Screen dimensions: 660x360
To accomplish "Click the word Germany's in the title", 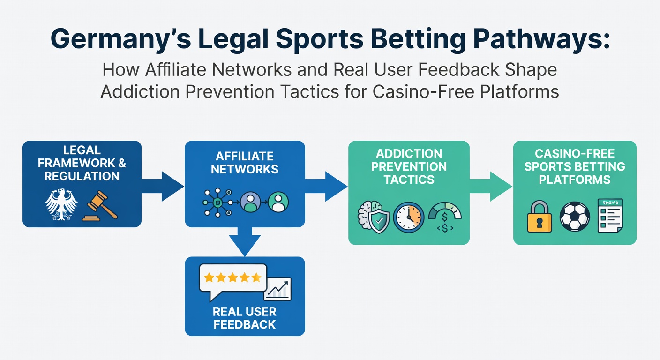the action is coord(121,39).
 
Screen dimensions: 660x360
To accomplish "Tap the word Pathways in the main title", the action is coord(538,39).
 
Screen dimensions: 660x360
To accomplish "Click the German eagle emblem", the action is coord(61,204).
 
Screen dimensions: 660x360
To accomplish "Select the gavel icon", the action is coord(100,206).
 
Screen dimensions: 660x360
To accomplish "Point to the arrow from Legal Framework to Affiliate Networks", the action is coord(163,187).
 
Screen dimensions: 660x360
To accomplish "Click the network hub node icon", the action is coord(218,202).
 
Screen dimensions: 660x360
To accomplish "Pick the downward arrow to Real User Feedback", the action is coord(245,241).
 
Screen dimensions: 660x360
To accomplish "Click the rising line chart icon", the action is coord(277,289).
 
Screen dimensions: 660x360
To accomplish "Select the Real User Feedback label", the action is coord(245,318).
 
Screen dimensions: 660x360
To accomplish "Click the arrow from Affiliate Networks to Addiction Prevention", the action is coord(326,187).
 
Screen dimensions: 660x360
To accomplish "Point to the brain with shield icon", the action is coord(374,217).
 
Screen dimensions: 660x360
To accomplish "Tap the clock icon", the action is coord(409,217).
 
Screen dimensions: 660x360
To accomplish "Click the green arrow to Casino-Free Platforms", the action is coord(491,187).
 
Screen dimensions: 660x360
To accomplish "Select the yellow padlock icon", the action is coord(539,217).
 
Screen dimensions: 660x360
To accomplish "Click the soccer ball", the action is coord(575,217).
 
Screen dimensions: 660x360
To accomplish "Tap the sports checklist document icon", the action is coord(610,216).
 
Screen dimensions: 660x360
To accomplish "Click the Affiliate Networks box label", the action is coord(245,163).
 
